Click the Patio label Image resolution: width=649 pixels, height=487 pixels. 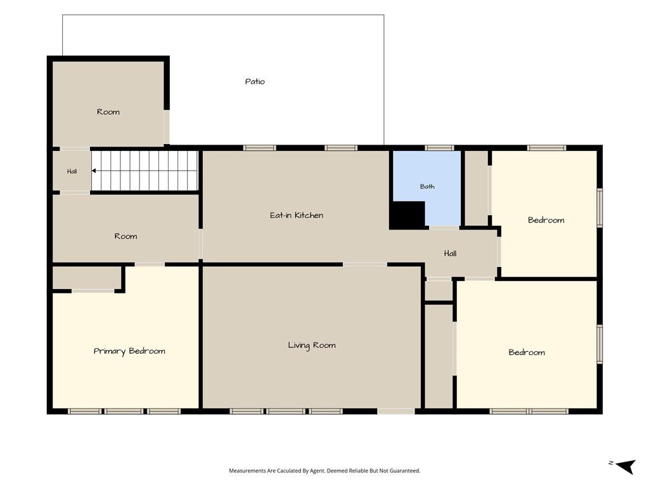pyautogui.click(x=255, y=82)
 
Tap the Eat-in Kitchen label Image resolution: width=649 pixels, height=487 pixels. pyautogui.click(x=297, y=216)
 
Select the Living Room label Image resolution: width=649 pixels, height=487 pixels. pyautogui.click(x=312, y=346)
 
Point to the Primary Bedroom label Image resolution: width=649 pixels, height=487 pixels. pyautogui.click(x=129, y=351)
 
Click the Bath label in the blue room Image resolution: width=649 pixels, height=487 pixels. pyautogui.click(x=427, y=186)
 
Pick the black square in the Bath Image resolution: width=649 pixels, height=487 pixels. pyautogui.click(x=408, y=214)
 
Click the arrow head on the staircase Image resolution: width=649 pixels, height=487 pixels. pyautogui.click(x=94, y=171)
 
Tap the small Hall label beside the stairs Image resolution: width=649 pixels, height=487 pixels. pyautogui.click(x=72, y=171)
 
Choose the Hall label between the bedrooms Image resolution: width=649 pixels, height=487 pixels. pyautogui.click(x=451, y=254)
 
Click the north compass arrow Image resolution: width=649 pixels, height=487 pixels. pyautogui.click(x=627, y=466)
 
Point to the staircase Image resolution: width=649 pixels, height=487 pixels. pyautogui.click(x=145, y=171)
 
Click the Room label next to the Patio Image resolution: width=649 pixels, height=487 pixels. pyautogui.click(x=108, y=112)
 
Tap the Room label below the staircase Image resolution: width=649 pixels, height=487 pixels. pyautogui.click(x=125, y=237)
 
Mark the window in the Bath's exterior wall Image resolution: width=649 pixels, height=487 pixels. pyautogui.click(x=439, y=148)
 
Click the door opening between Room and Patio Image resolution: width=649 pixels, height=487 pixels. pyautogui.click(x=167, y=127)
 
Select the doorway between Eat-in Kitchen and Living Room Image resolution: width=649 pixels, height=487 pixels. pyautogui.click(x=364, y=264)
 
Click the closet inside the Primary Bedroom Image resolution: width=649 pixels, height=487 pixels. pyautogui.click(x=86, y=278)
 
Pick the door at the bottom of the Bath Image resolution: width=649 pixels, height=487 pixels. pyautogui.click(x=444, y=228)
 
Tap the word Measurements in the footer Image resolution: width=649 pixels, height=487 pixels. pyautogui.click(x=247, y=471)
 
